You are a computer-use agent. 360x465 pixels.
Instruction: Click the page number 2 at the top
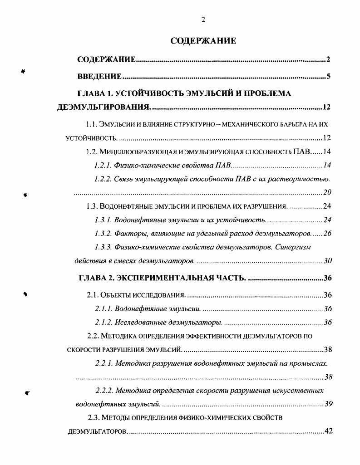pyautogui.click(x=203, y=19)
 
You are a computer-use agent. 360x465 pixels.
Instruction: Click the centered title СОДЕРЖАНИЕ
pyautogui.click(x=203, y=41)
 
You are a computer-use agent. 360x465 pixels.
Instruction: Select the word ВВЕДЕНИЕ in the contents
pyautogui.click(x=99, y=76)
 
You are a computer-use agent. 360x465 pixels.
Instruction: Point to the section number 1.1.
pyautogui.click(x=93, y=123)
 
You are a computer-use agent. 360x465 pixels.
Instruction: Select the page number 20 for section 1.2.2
pyautogui.click(x=326, y=192)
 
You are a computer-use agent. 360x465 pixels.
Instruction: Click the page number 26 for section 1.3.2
pyautogui.click(x=327, y=234)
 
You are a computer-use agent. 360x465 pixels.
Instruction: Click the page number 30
pyautogui.click(x=328, y=261)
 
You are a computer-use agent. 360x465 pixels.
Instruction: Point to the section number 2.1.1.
pyautogui.click(x=104, y=309)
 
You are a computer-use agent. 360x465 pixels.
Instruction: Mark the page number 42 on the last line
pyautogui.click(x=328, y=431)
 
